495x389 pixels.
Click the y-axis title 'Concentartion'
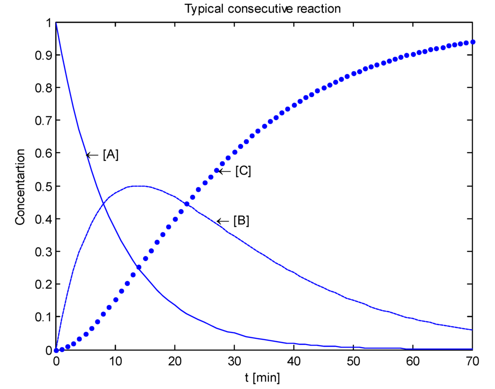pos(20,187)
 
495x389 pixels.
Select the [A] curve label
pos(111,155)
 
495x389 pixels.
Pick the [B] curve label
pos(241,221)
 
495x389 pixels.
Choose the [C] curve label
pos(243,171)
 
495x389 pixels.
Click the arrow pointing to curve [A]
pos(92,155)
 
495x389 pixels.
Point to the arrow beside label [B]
pos(223,221)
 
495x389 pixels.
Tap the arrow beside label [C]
pos(225,171)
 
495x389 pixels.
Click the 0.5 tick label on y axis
pos(43,187)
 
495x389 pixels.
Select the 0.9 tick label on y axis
pos(43,56)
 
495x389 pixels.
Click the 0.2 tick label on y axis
pos(43,285)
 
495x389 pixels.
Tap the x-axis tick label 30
pos(234,362)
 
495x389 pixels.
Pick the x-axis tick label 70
pos(472,362)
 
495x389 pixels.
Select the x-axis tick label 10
pos(116,362)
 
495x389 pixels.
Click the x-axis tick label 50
pos(353,362)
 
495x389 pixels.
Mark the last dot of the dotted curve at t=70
pos(473,42)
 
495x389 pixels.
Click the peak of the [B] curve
pos(139,186)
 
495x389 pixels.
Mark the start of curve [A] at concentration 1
pos(57,23)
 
